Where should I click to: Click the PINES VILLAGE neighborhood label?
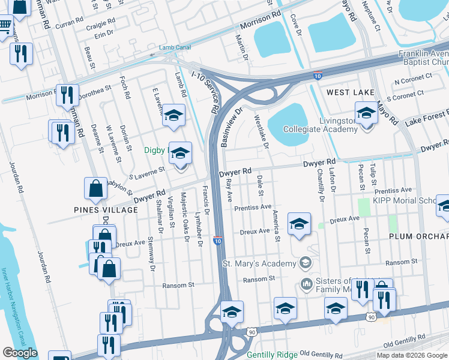(106, 210)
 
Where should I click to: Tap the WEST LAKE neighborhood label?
(351, 92)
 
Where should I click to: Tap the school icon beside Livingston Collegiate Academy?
(366, 112)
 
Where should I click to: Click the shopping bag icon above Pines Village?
(96, 188)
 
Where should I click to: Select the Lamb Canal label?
(175, 47)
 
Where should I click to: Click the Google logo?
(20, 352)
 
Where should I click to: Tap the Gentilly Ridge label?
(272, 355)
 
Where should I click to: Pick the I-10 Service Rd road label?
(205, 92)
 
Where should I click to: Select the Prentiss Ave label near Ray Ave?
(253, 207)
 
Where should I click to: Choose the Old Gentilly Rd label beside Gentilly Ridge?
(321, 355)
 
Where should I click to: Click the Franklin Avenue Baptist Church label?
(424, 58)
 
